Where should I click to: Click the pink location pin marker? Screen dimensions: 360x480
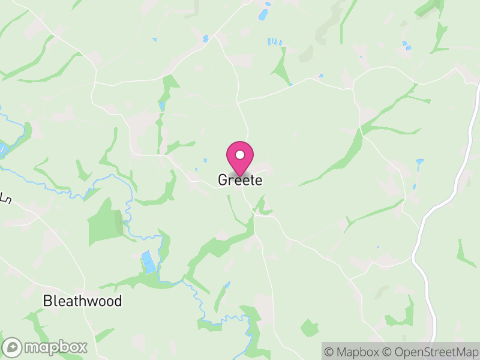(240, 158)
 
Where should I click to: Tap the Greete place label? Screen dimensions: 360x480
(240, 180)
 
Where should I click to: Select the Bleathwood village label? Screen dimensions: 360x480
(82, 301)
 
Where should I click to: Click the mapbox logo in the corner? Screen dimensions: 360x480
(45, 347)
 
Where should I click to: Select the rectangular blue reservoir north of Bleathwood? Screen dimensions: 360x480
(147, 261)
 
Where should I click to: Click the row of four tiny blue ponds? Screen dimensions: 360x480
(274, 42)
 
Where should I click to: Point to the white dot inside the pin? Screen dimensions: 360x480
(240, 155)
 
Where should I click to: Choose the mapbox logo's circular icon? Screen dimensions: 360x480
(13, 347)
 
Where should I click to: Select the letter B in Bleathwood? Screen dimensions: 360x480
(47, 301)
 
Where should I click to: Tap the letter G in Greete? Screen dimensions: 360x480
(223, 180)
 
